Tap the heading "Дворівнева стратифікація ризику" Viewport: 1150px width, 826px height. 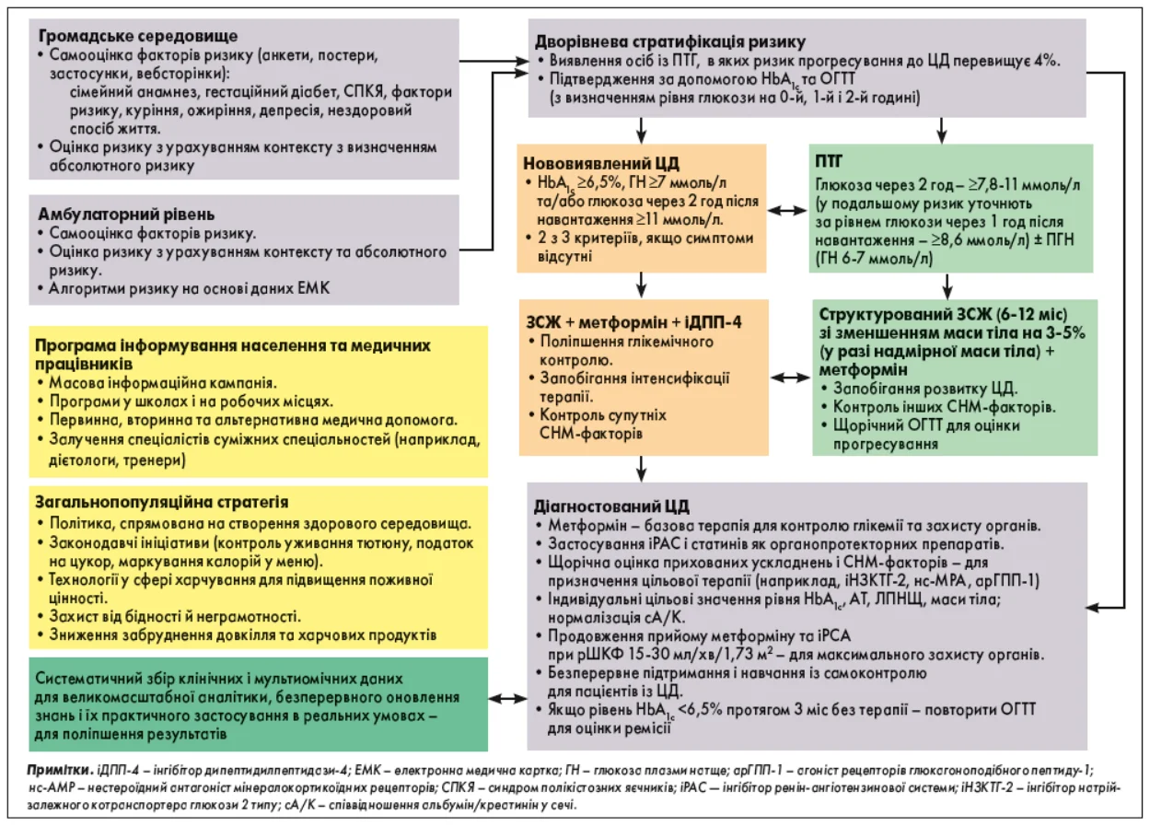[670, 41]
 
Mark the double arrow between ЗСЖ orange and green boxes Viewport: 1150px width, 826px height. [789, 377]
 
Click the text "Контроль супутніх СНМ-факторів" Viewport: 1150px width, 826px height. [599, 425]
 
